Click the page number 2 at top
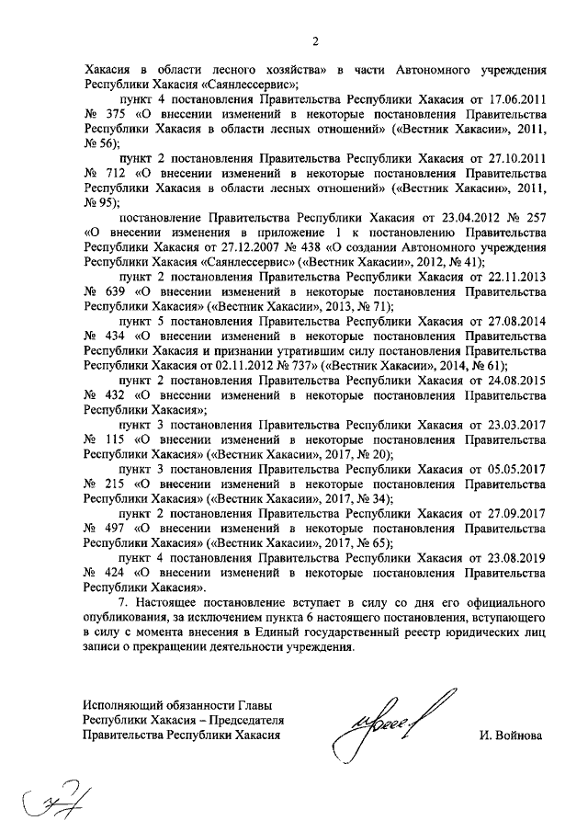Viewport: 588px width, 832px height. [315, 40]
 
